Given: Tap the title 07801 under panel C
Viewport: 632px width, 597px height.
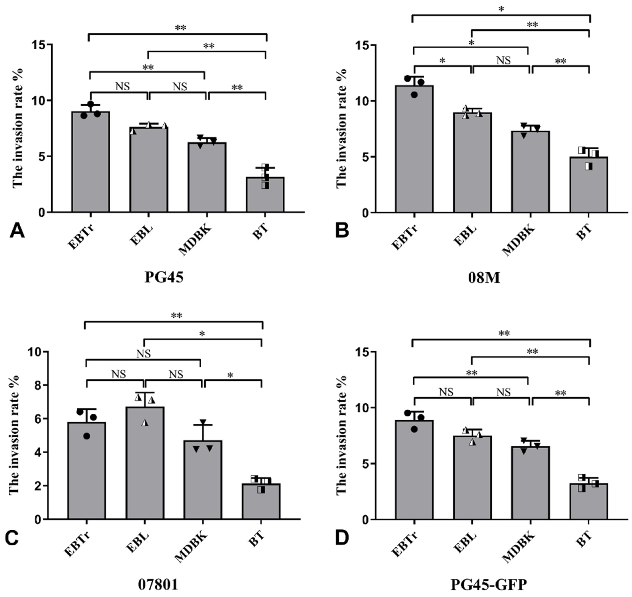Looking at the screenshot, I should pos(158,585).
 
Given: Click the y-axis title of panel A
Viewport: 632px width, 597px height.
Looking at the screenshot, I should pos(18,127).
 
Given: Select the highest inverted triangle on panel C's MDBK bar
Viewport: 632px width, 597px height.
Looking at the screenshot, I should pos(203,422).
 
